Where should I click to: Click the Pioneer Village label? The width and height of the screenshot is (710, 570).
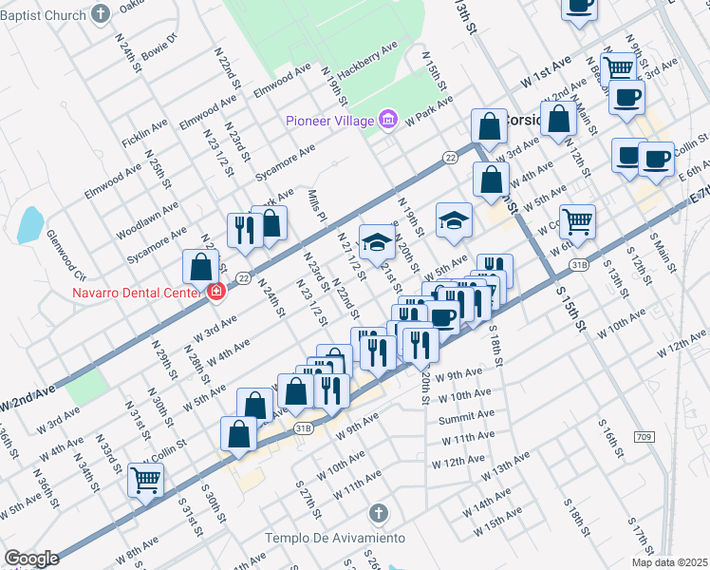[329, 121]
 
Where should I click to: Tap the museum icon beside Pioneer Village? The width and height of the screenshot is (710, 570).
[386, 120]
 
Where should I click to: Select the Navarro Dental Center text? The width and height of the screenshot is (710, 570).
[138, 293]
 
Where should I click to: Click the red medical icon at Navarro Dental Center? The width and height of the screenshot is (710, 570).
[216, 291]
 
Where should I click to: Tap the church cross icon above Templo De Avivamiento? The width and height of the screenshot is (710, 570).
[379, 516]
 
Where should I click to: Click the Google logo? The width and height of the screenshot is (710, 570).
[31, 559]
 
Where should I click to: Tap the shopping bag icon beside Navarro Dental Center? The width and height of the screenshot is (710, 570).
[200, 267]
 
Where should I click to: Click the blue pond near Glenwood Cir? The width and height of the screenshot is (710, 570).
[30, 225]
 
